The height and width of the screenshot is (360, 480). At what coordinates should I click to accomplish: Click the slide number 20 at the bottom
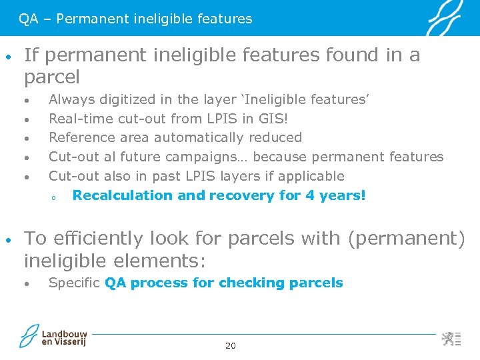[231, 345]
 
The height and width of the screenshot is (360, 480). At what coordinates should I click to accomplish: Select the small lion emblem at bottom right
[448, 338]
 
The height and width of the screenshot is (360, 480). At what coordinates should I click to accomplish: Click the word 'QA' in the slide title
[28, 19]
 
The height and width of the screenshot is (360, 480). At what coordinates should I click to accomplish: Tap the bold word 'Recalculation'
[123, 195]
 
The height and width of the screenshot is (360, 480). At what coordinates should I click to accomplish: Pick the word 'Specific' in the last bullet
[74, 283]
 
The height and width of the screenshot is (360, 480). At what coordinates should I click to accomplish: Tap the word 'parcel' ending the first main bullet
[52, 77]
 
